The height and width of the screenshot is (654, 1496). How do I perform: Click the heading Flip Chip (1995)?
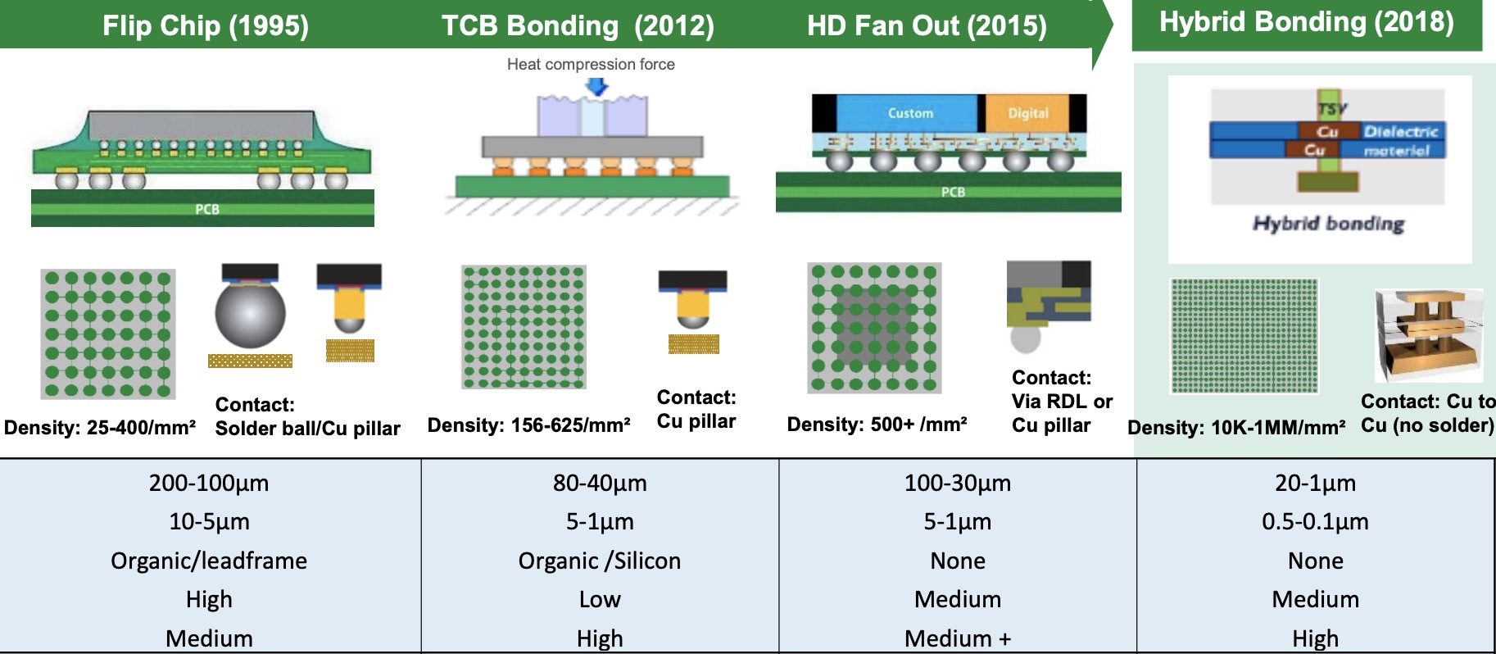coord(206,25)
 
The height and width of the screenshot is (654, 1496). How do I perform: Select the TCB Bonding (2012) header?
coord(578,25)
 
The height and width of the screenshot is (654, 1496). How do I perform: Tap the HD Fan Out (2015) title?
coord(927,25)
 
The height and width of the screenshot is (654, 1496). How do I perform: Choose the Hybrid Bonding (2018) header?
coord(1306,22)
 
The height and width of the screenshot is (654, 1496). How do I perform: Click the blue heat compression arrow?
coord(598,86)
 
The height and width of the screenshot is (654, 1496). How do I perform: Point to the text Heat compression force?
coord(591,64)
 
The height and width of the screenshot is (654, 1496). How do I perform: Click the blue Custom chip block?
coord(910,113)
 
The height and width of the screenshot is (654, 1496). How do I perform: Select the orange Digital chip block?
coord(1027,113)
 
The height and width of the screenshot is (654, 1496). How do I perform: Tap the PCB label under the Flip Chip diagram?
coord(207,209)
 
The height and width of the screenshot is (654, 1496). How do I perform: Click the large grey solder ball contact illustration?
coord(250,313)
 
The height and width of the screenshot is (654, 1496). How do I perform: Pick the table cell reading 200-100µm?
coord(209,483)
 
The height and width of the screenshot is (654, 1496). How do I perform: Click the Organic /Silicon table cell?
coord(600,561)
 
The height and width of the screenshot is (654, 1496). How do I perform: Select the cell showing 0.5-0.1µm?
coord(1315,521)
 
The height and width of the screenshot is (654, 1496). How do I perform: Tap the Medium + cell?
coord(958,638)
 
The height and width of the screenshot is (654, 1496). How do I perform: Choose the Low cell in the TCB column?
coord(600,599)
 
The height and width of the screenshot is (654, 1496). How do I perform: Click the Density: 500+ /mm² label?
coord(877,424)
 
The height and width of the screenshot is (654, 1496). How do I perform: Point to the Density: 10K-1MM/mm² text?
coord(1236,427)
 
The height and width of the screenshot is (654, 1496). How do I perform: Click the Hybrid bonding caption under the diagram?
coord(1328,224)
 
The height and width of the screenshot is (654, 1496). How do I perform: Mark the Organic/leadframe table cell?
coord(209,561)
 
